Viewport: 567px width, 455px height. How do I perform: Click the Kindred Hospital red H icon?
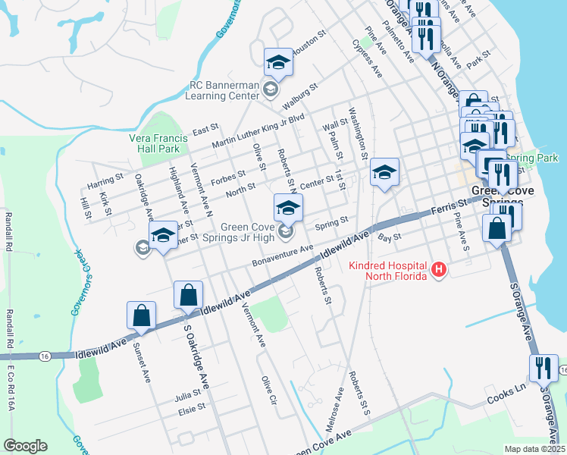coord(437,268)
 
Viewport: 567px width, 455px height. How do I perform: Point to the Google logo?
coord(25,446)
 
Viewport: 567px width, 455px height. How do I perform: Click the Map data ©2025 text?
coord(534,449)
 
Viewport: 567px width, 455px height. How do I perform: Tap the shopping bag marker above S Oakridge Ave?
coord(188,296)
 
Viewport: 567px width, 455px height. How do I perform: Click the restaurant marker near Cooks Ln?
coord(544,369)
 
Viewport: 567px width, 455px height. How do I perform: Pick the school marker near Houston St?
coord(278,63)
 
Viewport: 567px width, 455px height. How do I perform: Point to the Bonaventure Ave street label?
coord(283,256)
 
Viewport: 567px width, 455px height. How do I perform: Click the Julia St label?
coord(187,394)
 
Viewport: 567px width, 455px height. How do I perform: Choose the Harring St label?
coord(105,180)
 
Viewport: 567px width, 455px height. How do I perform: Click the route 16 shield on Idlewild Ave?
coord(45,355)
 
